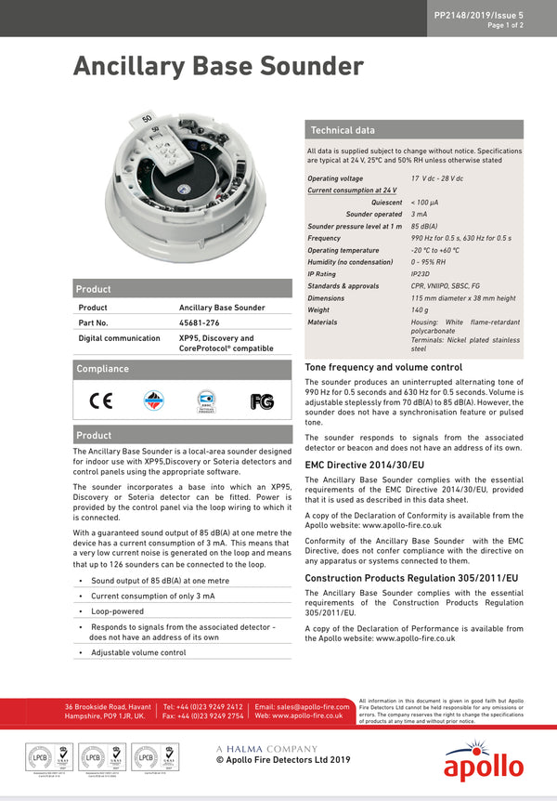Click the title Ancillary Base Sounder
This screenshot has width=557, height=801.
218,67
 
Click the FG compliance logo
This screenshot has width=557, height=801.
262,401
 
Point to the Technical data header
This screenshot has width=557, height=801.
343,130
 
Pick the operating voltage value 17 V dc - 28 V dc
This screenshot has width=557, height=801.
436,178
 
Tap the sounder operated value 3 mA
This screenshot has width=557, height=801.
420,214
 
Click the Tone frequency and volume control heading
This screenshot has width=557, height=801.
383,367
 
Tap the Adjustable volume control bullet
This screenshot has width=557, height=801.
138,652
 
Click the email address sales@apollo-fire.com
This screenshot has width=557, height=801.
304,707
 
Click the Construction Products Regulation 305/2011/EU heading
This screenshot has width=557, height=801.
411,578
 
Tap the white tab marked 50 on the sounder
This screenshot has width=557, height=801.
149,118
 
